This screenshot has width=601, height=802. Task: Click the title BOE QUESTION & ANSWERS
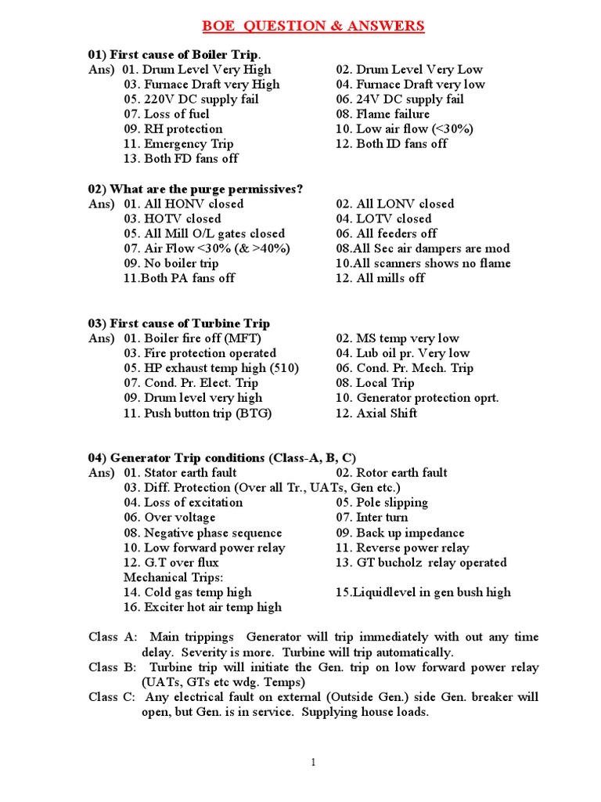(x=313, y=27)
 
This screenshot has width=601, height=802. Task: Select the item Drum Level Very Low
(x=409, y=70)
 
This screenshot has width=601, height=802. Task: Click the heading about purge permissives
(x=195, y=189)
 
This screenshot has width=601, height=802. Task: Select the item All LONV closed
(x=394, y=204)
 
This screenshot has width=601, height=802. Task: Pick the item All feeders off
(x=386, y=234)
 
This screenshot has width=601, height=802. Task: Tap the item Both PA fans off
(x=178, y=279)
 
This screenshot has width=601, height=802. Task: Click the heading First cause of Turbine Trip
(x=179, y=323)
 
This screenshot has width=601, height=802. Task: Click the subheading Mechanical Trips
(x=171, y=577)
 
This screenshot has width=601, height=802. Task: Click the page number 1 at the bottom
(x=313, y=763)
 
